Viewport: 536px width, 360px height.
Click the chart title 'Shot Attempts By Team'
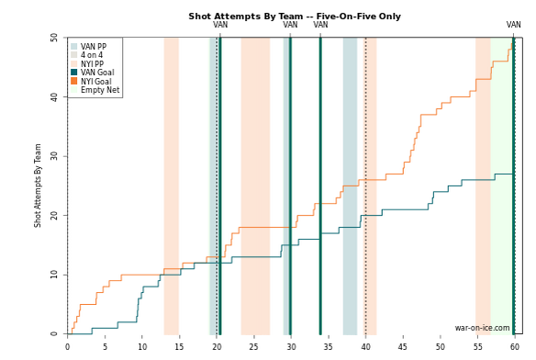(245, 17)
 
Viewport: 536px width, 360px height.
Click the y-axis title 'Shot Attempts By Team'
(38, 186)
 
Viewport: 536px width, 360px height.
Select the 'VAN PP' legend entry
(88, 47)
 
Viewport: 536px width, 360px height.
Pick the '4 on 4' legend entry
(87, 55)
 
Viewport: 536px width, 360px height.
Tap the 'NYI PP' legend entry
(87, 64)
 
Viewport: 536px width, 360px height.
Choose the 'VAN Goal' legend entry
(93, 73)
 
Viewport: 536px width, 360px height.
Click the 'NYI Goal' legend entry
(91, 82)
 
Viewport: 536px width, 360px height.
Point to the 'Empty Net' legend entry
(95, 90)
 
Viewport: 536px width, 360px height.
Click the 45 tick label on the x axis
(403, 346)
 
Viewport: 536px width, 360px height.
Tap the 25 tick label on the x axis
(254, 346)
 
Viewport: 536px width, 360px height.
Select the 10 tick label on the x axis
(142, 346)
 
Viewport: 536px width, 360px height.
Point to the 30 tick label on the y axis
(54, 156)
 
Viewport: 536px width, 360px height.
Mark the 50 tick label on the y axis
(54, 38)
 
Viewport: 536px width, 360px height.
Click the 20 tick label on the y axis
(54, 216)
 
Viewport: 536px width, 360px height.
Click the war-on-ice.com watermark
(482, 328)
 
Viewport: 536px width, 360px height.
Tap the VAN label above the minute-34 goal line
(320, 25)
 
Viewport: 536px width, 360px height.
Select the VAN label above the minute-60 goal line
(513, 25)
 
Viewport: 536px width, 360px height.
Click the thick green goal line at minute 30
(291, 186)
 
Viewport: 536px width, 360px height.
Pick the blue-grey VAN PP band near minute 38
(350, 186)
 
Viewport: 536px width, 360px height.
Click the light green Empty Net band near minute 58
(502, 186)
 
